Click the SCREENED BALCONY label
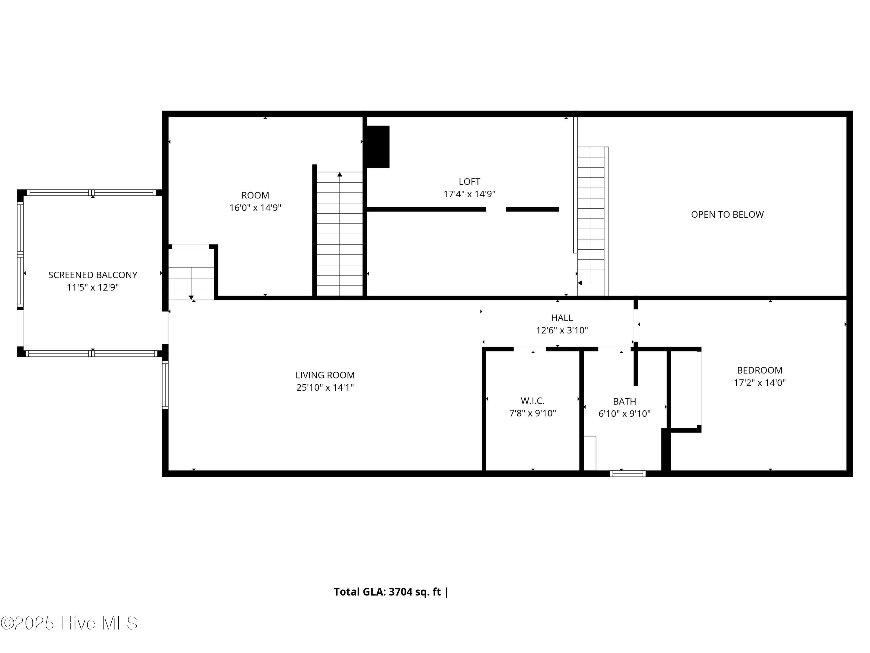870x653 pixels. [93, 275]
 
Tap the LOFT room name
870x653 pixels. [469, 181]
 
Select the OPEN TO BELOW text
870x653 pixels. [727, 214]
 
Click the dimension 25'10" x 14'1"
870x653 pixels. [325, 388]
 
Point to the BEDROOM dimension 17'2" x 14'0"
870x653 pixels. [760, 383]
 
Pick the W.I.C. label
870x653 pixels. [532, 401]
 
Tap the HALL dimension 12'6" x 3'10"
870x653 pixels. [562, 330]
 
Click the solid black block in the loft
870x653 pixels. [378, 147]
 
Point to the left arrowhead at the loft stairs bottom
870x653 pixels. [580, 283]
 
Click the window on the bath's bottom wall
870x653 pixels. [628, 474]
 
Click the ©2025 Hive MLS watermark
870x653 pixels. [69, 623]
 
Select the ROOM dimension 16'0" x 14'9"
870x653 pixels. [255, 208]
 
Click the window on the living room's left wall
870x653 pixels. [166, 385]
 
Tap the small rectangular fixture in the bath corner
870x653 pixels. [590, 453]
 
